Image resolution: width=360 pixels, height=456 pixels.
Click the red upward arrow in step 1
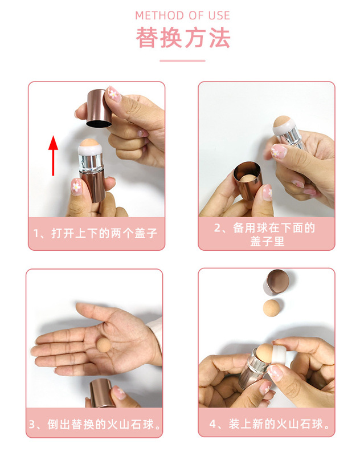point(53,156)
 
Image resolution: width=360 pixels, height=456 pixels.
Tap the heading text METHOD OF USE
point(182,16)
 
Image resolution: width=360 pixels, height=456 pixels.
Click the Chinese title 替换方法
point(183,38)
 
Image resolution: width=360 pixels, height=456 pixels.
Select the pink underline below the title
point(182,61)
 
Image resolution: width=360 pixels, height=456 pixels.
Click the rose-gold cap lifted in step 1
point(99,108)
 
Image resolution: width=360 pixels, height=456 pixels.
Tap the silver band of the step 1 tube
point(91,163)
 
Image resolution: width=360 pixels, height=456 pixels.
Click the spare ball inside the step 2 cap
point(249,179)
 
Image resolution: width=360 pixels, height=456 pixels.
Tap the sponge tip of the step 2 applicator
point(281,121)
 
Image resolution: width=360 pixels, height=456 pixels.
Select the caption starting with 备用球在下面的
point(266,234)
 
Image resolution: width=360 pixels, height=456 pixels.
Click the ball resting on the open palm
point(104,345)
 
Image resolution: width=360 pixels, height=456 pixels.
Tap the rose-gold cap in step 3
point(100,393)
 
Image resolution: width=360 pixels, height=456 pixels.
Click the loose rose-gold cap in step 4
point(277,281)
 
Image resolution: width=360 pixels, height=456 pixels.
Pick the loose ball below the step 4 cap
point(271,308)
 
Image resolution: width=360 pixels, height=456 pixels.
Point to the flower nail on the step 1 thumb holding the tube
point(76,186)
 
